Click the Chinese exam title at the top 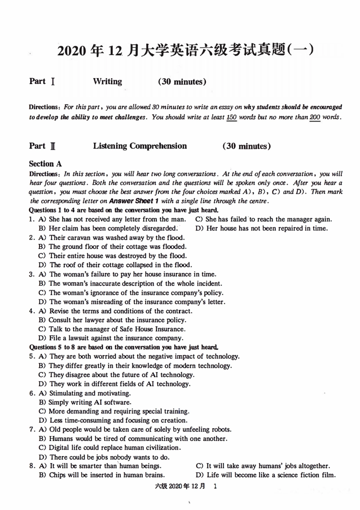pos(185,50)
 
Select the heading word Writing pos(108,82)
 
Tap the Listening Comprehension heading pos(140,146)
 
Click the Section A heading pos(45,164)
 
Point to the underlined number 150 pos(232,117)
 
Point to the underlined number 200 pos(315,117)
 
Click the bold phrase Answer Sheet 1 pos(134,201)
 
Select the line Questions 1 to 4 pos(124,210)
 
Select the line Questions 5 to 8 pos(124,347)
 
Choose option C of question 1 pos(263,219)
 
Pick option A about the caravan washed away pos(112,238)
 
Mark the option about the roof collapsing pos(116,265)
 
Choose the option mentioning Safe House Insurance pos(112,329)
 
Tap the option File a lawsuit pos(111,338)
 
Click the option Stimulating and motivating pos(85,393)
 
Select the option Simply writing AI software pos(85,402)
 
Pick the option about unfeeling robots pos(135,430)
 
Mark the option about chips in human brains pos(102,475)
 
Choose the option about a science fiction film pos(266,475)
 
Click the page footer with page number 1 pos(186,486)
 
